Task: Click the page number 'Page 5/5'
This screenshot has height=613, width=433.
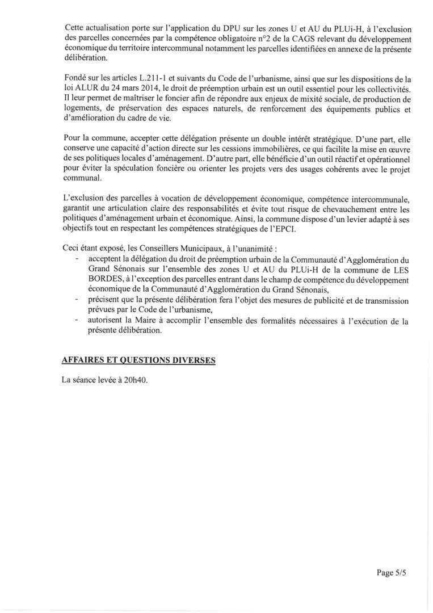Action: coord(392,573)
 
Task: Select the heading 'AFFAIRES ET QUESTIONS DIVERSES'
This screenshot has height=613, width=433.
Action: coord(138,361)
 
